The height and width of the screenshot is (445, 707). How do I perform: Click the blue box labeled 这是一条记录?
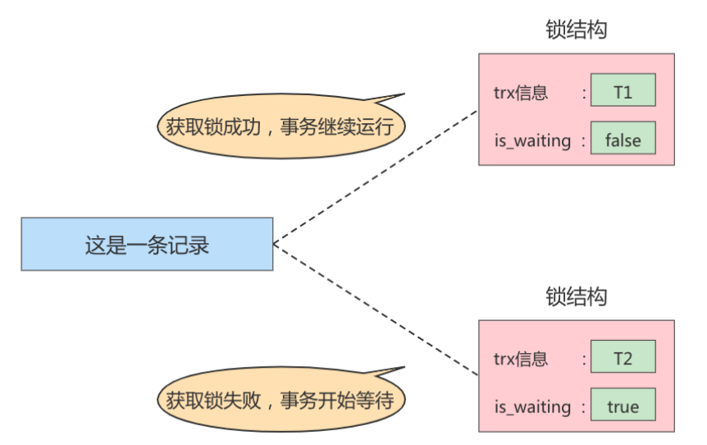click(147, 245)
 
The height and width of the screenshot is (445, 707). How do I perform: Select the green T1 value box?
click(623, 90)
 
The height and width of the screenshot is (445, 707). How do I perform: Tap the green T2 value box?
click(623, 357)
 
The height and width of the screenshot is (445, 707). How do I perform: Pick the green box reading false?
click(623, 140)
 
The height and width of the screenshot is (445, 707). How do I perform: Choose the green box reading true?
click(623, 406)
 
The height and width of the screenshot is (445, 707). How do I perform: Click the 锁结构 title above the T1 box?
click(576, 30)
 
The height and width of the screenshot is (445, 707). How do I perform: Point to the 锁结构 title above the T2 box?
click(576, 296)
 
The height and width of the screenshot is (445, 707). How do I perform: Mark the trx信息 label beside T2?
click(520, 359)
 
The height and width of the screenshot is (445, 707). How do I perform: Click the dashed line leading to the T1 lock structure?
click(375, 177)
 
